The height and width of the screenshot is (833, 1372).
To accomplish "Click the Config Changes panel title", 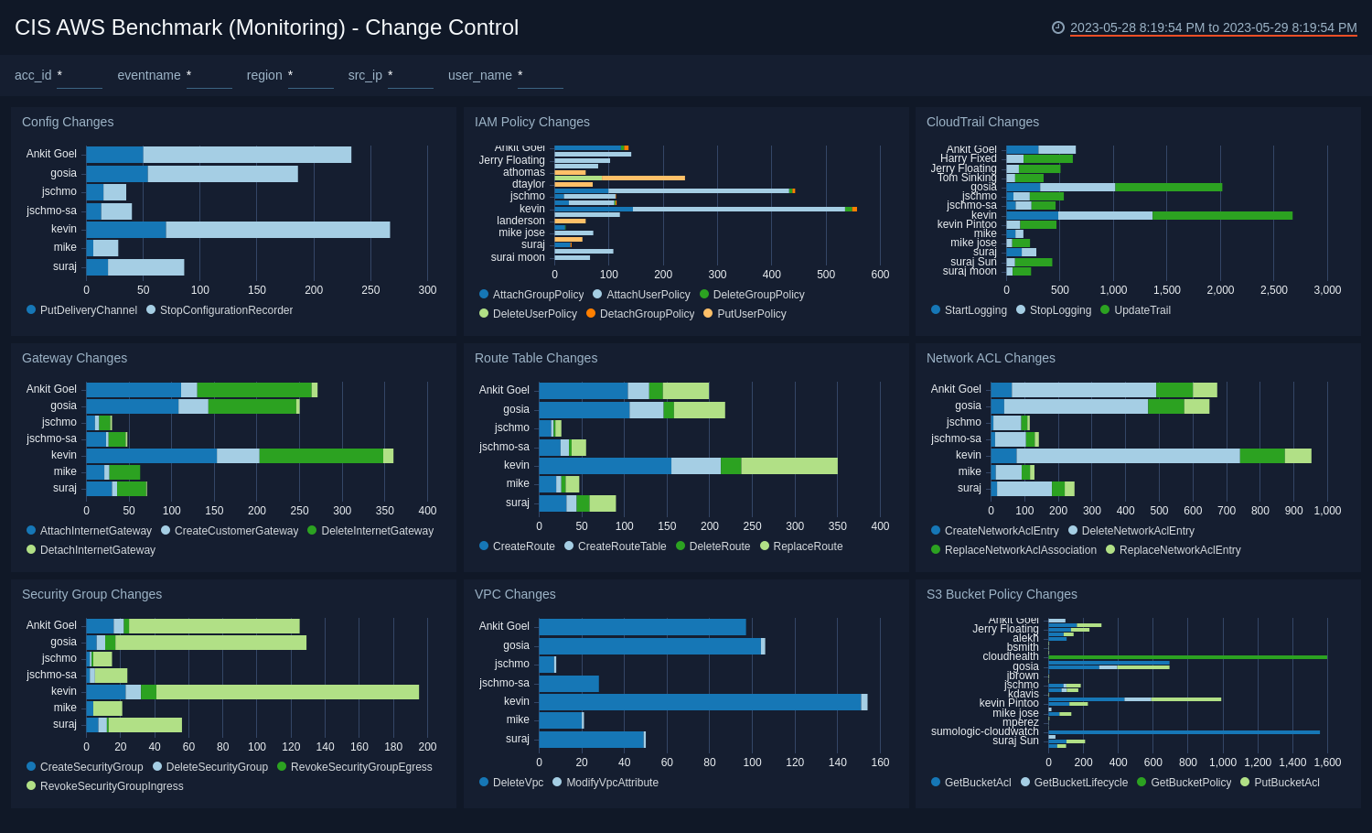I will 68,122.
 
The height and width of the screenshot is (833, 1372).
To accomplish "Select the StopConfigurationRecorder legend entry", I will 226,310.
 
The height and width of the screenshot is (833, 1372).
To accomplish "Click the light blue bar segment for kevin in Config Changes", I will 278,230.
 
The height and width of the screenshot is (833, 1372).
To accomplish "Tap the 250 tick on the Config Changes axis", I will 370,290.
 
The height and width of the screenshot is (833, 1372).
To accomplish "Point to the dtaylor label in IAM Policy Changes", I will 529,184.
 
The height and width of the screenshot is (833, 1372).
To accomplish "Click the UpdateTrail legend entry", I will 1142,310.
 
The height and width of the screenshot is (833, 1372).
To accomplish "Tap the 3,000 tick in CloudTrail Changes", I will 1327,290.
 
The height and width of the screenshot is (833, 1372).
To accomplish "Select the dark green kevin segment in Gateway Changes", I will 321,456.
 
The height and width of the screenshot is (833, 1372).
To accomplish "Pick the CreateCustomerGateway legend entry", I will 236,531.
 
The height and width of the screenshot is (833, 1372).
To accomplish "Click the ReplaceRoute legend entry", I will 808,546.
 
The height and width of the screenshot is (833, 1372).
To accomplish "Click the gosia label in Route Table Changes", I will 516,409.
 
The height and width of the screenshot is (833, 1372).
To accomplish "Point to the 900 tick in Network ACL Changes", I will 1293,511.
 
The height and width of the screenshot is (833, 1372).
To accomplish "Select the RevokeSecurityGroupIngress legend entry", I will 112,786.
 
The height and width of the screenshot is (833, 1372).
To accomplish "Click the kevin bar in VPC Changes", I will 700,702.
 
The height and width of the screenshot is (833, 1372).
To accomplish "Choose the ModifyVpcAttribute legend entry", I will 612,783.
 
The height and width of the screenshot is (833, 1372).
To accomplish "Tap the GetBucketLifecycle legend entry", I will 1080,783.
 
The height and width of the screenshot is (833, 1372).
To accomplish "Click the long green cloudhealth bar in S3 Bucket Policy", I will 1187,657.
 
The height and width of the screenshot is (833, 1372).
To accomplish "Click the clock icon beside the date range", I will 1058,27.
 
